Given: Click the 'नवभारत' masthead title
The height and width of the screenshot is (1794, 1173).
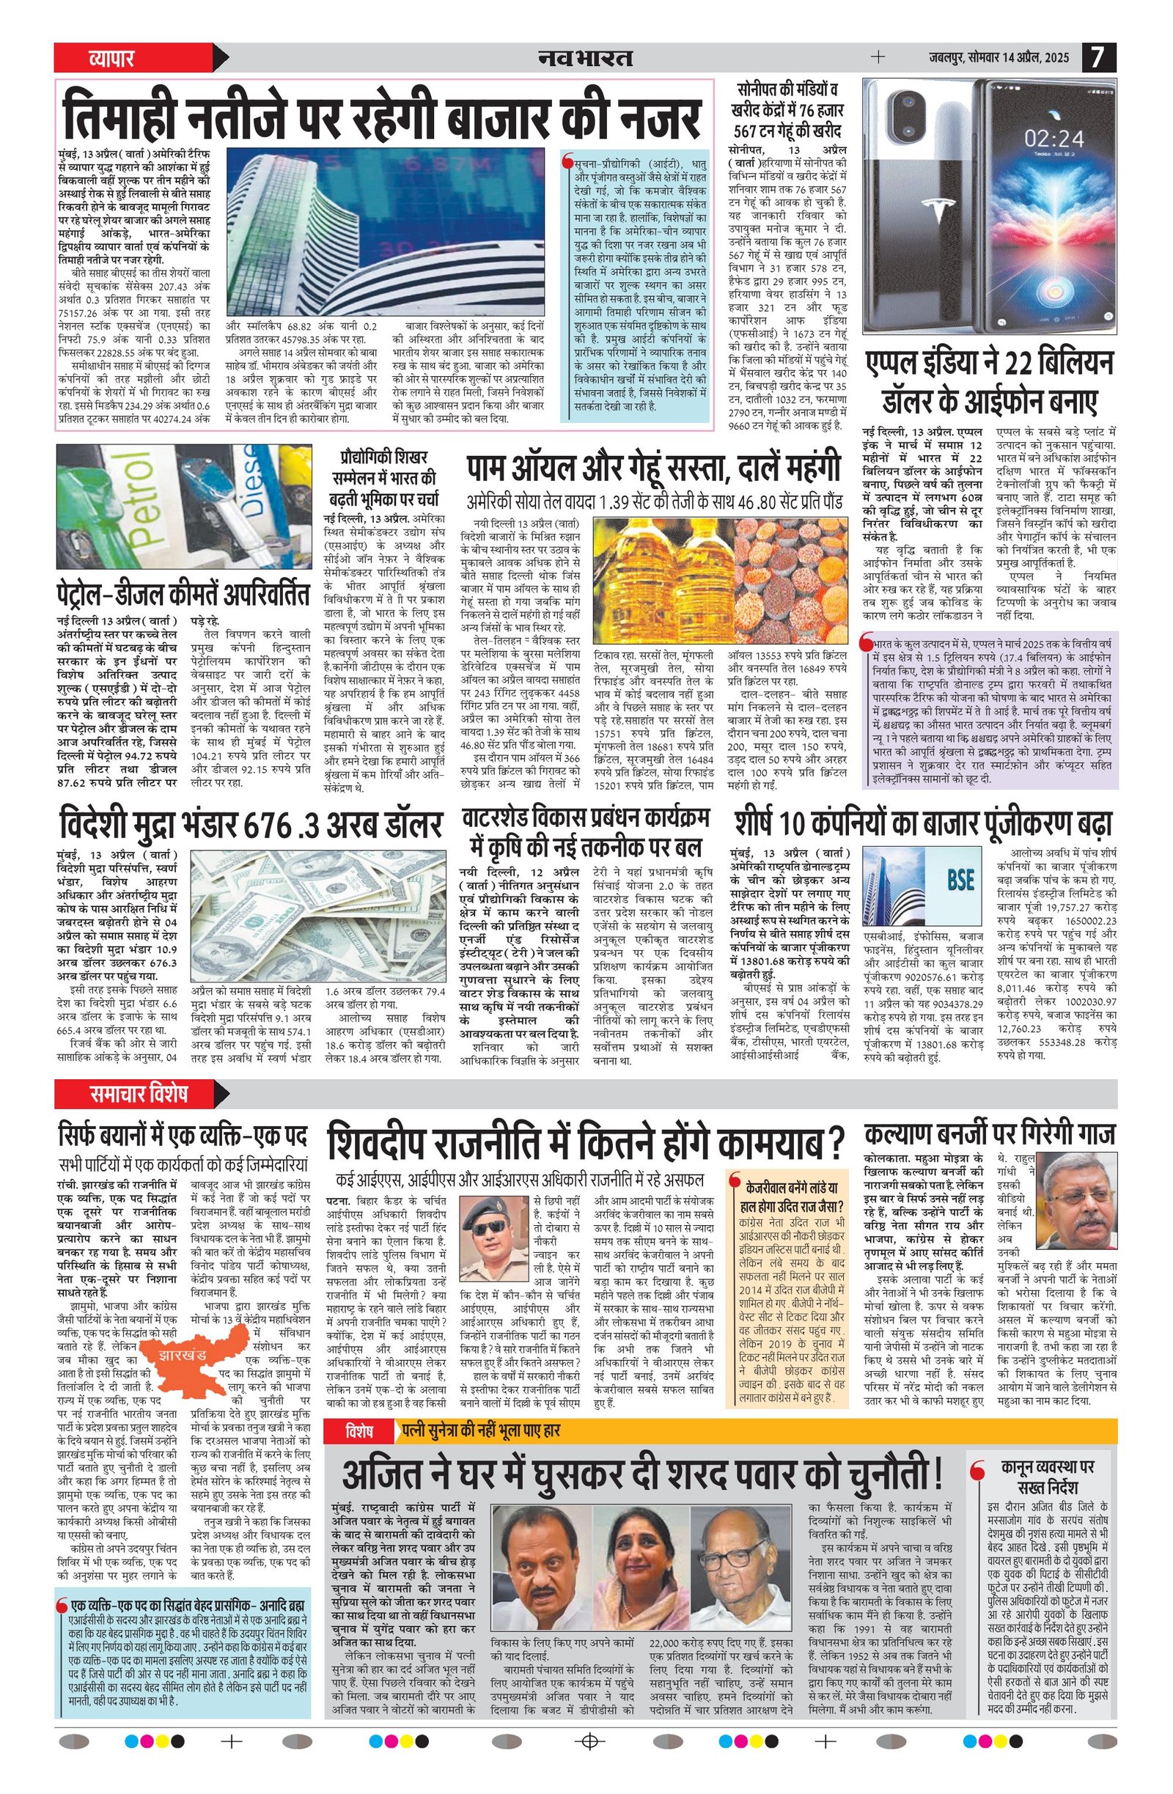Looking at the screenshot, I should coord(585,57).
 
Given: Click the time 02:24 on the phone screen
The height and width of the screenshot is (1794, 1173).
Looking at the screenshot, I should coord(1054,138).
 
